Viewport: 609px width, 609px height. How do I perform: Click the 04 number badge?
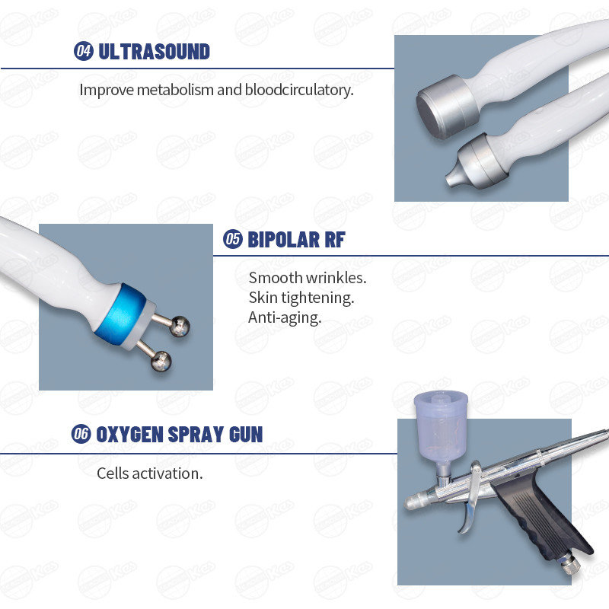pos(84,51)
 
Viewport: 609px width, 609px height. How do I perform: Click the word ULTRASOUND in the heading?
pos(155,52)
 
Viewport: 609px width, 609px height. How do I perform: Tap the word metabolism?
pos(175,90)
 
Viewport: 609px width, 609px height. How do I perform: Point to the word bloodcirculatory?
pos(299,90)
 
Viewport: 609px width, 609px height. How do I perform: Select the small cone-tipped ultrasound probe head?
pos(475,162)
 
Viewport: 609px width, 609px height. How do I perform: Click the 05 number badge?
pos(233,239)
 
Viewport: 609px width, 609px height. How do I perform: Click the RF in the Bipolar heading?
pos(334,240)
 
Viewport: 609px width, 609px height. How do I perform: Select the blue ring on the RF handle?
pos(120,314)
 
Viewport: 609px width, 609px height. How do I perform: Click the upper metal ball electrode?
pos(180,326)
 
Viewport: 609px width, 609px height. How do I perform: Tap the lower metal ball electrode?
pos(161,361)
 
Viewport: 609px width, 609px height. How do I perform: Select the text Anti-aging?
pos(285,317)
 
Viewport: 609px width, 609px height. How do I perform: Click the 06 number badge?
pos(81,433)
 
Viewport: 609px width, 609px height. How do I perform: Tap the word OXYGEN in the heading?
pos(129,434)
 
